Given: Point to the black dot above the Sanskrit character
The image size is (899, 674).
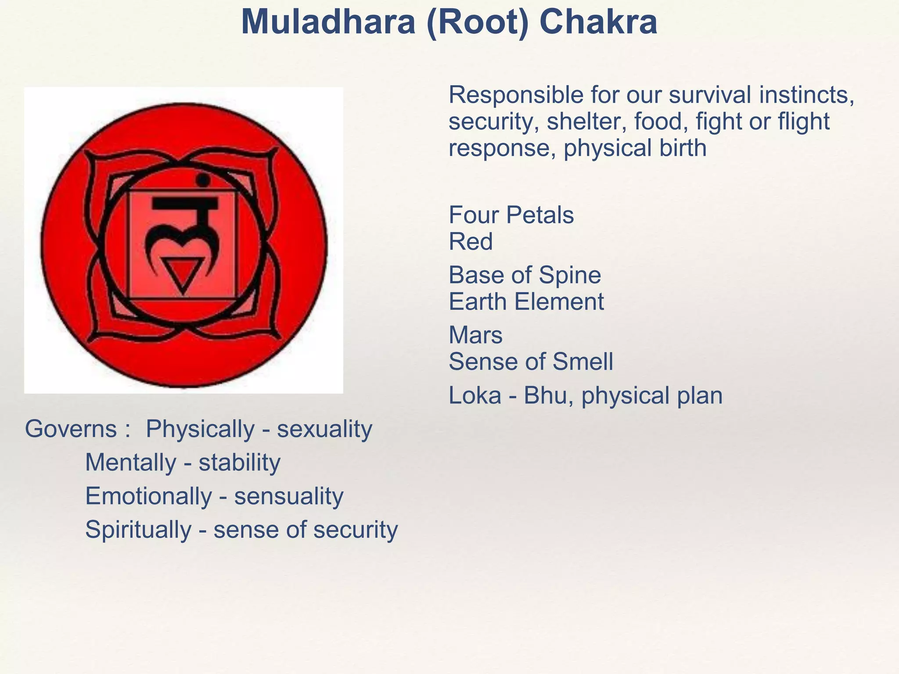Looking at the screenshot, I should click(x=203, y=180).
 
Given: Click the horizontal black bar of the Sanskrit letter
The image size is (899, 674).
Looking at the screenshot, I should click(x=185, y=203).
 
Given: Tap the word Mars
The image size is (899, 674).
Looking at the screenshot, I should click(x=475, y=335).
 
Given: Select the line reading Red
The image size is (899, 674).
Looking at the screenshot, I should click(x=471, y=241).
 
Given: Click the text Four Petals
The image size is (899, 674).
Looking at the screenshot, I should click(x=511, y=215).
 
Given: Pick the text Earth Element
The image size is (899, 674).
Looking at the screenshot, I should click(x=526, y=302).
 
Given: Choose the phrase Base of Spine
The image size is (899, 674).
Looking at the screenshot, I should click(x=525, y=276).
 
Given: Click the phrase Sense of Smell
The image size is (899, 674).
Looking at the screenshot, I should click(x=531, y=362).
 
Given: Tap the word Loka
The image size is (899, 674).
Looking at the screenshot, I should click(x=475, y=395).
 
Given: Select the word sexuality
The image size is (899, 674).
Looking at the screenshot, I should click(x=324, y=429).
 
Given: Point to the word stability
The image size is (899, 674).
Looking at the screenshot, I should click(x=239, y=462).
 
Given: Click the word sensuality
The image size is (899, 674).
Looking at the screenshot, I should click(x=289, y=496).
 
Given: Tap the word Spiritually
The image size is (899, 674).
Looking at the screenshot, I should click(x=138, y=530).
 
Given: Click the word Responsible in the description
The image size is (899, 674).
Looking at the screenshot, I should click(x=516, y=95).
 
